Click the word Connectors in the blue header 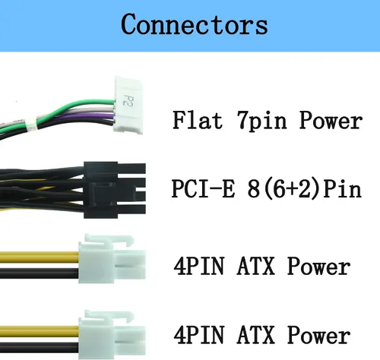pyautogui.click(x=195, y=24)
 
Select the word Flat pyautogui.click(x=198, y=120)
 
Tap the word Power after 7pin pyautogui.click(x=331, y=121)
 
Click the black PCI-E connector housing pyautogui.click(x=115, y=190)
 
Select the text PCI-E pyautogui.click(x=203, y=188)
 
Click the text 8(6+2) pyautogui.click(x=283, y=189)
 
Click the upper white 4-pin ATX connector pyautogui.click(x=112, y=259)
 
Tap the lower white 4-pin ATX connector pyautogui.click(x=112, y=334)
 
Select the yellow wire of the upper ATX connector pyautogui.click(x=40, y=257)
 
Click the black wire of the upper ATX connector pyautogui.click(x=40, y=273)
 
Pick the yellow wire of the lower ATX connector pyautogui.click(x=40, y=331)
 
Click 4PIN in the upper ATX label pyautogui.click(x=199, y=266)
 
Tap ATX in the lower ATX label pyautogui.click(x=256, y=335)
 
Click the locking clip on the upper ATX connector pyautogui.click(x=109, y=240)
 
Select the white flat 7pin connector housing pyautogui.click(x=128, y=105)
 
